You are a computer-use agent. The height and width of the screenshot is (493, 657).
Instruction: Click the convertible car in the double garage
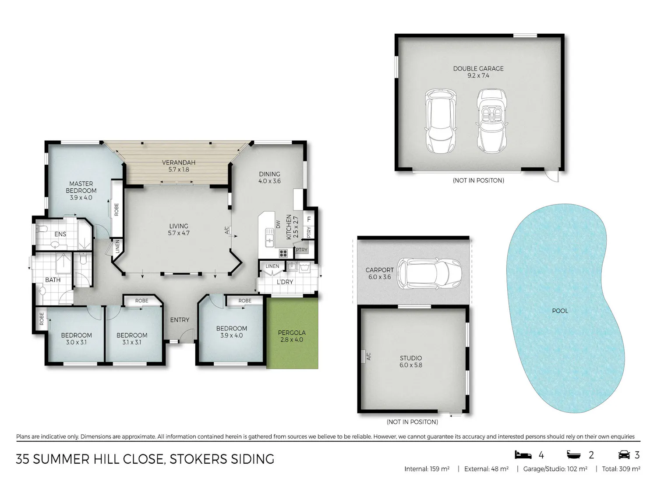pyautogui.click(x=491, y=121)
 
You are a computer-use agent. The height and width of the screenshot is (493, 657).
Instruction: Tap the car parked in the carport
pyautogui.click(x=429, y=273)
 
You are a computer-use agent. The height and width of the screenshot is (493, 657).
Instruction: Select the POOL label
pyautogui.click(x=560, y=311)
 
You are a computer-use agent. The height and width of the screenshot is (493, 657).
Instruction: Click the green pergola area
pyautogui.click(x=292, y=333)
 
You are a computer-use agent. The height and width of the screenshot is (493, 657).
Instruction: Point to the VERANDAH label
pyautogui.click(x=179, y=163)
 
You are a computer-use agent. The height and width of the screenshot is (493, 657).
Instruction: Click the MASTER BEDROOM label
pyautogui.click(x=81, y=187)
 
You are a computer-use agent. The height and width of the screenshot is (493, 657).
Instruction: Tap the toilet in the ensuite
pyautogui.click(x=42, y=229)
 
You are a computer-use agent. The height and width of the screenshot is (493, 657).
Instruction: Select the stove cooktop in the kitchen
pyautogui.click(x=283, y=254)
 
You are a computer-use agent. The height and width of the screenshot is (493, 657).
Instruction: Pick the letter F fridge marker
pyautogui.click(x=309, y=220)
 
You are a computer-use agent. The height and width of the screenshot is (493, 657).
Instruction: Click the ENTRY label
pyautogui.click(x=180, y=320)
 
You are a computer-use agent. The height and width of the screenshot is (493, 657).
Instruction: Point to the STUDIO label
pyautogui.click(x=411, y=358)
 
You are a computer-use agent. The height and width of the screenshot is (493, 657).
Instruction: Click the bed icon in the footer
pyautogui.click(x=523, y=455)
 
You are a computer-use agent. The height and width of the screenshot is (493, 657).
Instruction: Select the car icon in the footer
pyautogui.click(x=624, y=455)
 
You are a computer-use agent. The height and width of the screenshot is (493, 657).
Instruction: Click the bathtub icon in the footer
pyautogui.click(x=573, y=455)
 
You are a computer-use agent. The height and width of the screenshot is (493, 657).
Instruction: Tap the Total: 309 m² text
pyautogui.click(x=621, y=469)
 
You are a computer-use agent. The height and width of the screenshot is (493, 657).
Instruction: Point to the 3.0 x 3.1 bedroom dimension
pyautogui.click(x=76, y=342)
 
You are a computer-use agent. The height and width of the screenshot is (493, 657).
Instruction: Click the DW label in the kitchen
pyautogui.click(x=278, y=224)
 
